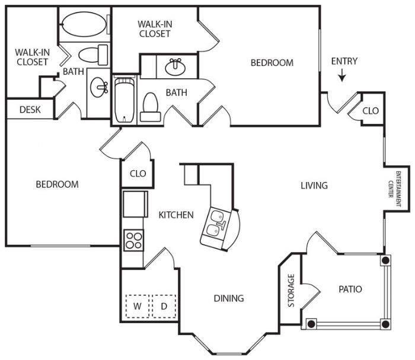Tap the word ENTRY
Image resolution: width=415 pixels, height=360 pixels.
click(x=344, y=61)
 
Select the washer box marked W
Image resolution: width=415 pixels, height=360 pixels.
click(x=137, y=307)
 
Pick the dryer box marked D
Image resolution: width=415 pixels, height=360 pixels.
click(x=164, y=307)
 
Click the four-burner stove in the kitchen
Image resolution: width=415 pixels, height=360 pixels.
click(x=133, y=240)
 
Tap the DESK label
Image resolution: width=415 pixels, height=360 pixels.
click(x=30, y=110)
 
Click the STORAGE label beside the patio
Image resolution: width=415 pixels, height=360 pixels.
click(x=291, y=291)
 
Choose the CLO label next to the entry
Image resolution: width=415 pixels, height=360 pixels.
click(x=371, y=111)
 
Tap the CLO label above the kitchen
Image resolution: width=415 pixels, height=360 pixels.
click(x=138, y=174)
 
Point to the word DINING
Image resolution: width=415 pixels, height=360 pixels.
click(x=229, y=298)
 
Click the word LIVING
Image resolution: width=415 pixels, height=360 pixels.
click(x=314, y=186)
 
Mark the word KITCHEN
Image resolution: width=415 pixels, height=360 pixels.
click(x=176, y=215)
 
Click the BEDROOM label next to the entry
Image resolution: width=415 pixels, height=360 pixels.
click(x=272, y=62)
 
